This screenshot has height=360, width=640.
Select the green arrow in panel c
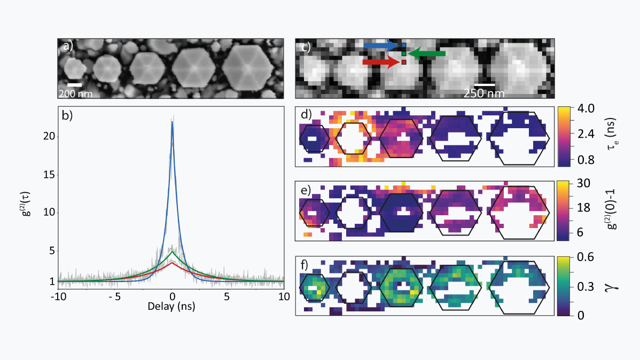pyautogui.click(x=426, y=53)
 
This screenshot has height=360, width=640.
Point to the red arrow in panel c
pyautogui.click(x=380, y=62)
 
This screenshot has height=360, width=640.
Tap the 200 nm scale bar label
pyautogui.click(x=75, y=93)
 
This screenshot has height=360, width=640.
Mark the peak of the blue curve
pyautogui.click(x=172, y=121)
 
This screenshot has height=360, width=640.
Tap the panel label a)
pyautogui.click(x=68, y=46)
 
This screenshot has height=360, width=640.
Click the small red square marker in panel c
pyautogui.click(x=404, y=62)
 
